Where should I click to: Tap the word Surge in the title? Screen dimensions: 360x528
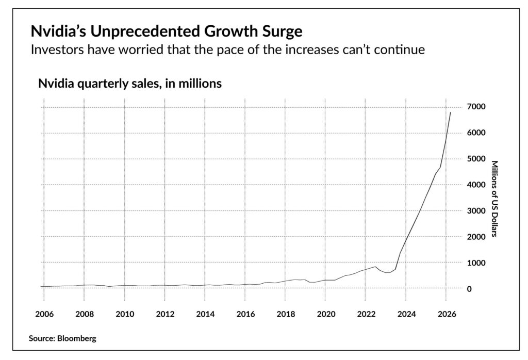click(280, 32)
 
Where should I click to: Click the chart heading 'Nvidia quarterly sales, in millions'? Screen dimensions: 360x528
click(130, 84)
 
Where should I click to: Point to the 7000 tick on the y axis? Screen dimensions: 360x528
click(476, 107)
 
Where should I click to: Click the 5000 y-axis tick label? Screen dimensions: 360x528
click(476, 159)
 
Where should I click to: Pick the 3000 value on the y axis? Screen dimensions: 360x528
click(476, 211)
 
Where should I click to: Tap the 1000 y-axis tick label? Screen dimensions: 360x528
click(476, 263)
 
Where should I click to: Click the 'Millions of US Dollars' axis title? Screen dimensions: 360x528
click(493, 199)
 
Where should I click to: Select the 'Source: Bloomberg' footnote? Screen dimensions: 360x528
click(63, 339)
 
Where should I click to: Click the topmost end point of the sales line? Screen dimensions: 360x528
click(451, 112)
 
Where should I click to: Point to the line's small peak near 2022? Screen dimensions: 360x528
click(375, 267)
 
